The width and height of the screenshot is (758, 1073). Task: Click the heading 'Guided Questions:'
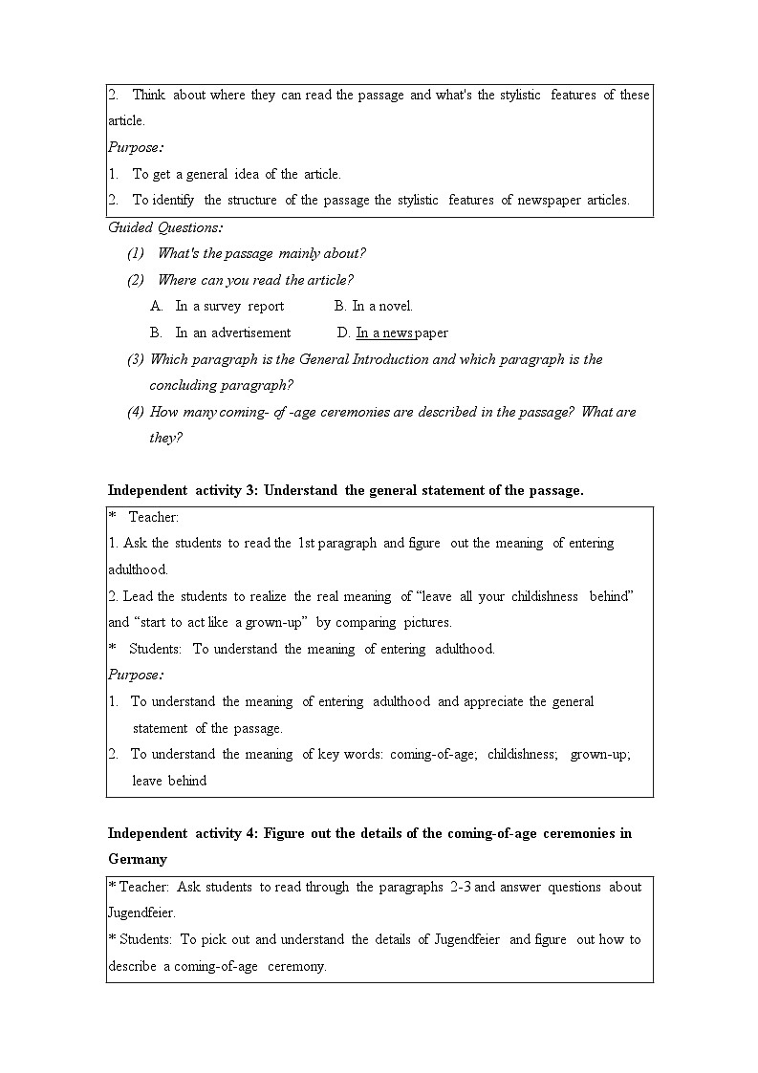point(164,227)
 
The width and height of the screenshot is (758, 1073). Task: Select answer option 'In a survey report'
point(229,307)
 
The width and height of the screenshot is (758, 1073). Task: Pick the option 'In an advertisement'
point(232,333)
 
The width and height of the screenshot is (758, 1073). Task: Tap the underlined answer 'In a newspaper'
point(401,333)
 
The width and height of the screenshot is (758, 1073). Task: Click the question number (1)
point(136,254)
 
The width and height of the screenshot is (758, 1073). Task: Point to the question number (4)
point(136,413)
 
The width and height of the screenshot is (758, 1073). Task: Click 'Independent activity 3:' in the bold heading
point(183,490)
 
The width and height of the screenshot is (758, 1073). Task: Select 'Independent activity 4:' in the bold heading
point(183,833)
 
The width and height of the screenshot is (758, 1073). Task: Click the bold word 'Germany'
point(137,859)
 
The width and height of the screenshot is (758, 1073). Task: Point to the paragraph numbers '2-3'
point(460,887)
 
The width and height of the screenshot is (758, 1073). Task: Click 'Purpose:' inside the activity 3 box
point(135,675)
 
